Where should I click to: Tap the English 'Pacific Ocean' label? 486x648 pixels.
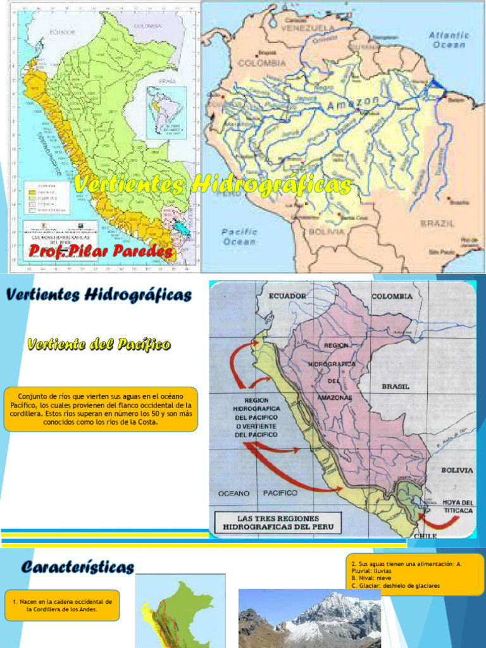239,237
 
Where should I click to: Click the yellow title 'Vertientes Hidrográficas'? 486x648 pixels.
212,185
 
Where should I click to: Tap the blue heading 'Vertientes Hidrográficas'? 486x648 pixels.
98,295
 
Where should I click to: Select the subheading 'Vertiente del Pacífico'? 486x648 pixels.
98,344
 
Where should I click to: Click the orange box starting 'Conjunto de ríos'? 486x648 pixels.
101,409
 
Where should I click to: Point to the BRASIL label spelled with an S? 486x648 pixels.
396,386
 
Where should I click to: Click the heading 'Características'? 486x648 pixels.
77,567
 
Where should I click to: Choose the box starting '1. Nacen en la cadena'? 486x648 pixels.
62,606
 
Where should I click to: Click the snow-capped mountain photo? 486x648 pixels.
309,618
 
